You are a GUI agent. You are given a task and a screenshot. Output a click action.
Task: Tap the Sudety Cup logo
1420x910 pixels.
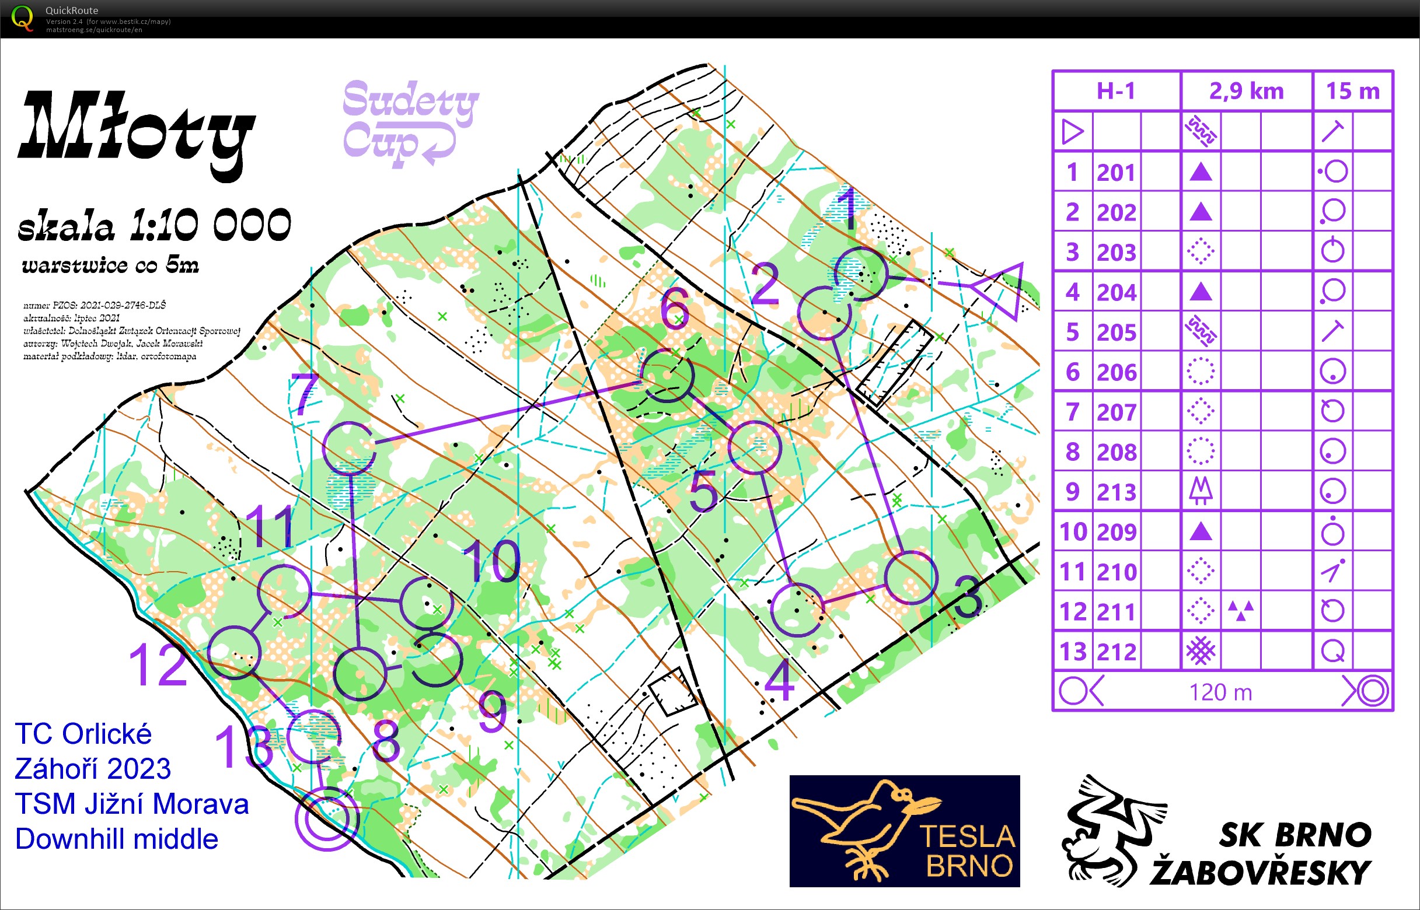click(409, 123)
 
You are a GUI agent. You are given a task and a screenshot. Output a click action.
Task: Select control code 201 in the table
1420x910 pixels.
click(1116, 173)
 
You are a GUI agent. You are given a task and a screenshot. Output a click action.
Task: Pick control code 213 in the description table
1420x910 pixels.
click(1116, 492)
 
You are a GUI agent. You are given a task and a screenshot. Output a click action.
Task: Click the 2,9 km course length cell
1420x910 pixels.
click(1246, 92)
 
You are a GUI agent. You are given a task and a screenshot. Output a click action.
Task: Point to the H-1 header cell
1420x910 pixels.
click(1116, 92)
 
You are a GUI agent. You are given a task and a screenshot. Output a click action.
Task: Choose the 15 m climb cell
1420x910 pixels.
click(1353, 92)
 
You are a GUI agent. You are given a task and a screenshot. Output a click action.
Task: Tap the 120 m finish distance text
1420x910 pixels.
click(1220, 692)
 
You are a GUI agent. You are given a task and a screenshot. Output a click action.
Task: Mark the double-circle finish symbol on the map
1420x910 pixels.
click(326, 819)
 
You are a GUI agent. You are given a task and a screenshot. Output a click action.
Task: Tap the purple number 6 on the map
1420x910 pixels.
click(675, 309)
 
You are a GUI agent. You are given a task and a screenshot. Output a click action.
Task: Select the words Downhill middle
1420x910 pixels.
click(117, 839)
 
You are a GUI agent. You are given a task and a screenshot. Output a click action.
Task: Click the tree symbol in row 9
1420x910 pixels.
click(1201, 491)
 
